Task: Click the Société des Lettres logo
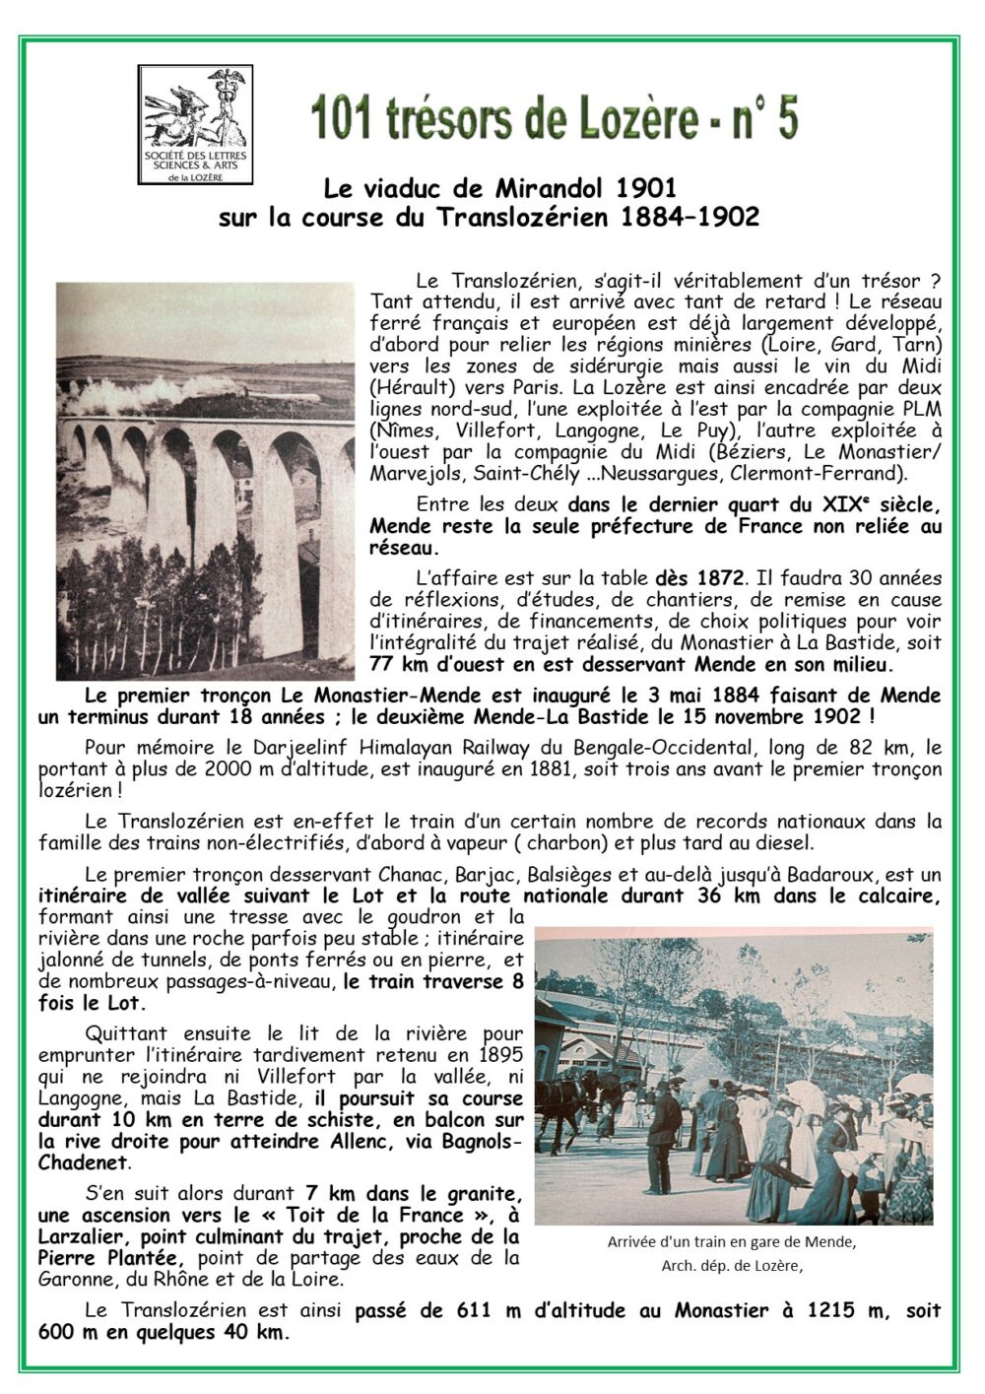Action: pyautogui.click(x=195, y=124)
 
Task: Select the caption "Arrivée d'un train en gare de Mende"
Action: pyautogui.click(x=732, y=1241)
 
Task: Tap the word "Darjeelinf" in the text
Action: pyautogui.click(x=288, y=747)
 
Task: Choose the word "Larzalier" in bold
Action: pyautogui.click(x=84, y=1236)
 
